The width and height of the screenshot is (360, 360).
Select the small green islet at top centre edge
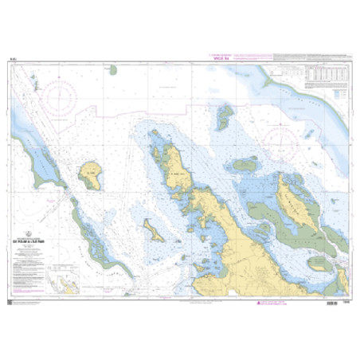coord(113,70)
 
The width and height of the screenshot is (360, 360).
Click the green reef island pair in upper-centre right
coord(224,116)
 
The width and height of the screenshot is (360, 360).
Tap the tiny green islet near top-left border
coord(33,79)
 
